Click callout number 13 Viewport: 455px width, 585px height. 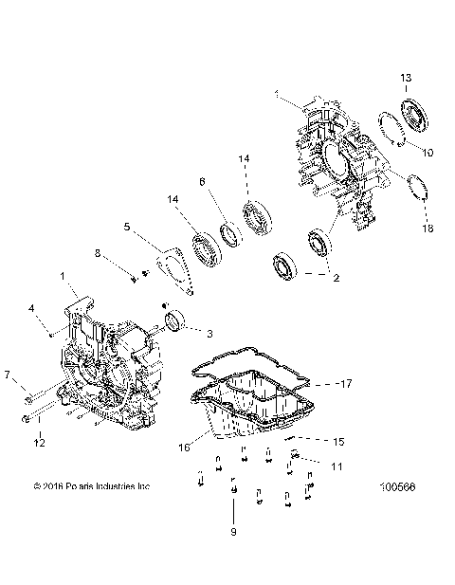[x=405, y=77]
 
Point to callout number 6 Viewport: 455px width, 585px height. [x=201, y=181]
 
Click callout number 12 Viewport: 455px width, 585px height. [x=39, y=442]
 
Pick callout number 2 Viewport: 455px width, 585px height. [x=334, y=279]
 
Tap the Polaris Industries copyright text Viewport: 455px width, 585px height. [x=91, y=487]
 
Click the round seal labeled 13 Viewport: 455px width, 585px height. [x=414, y=118]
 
